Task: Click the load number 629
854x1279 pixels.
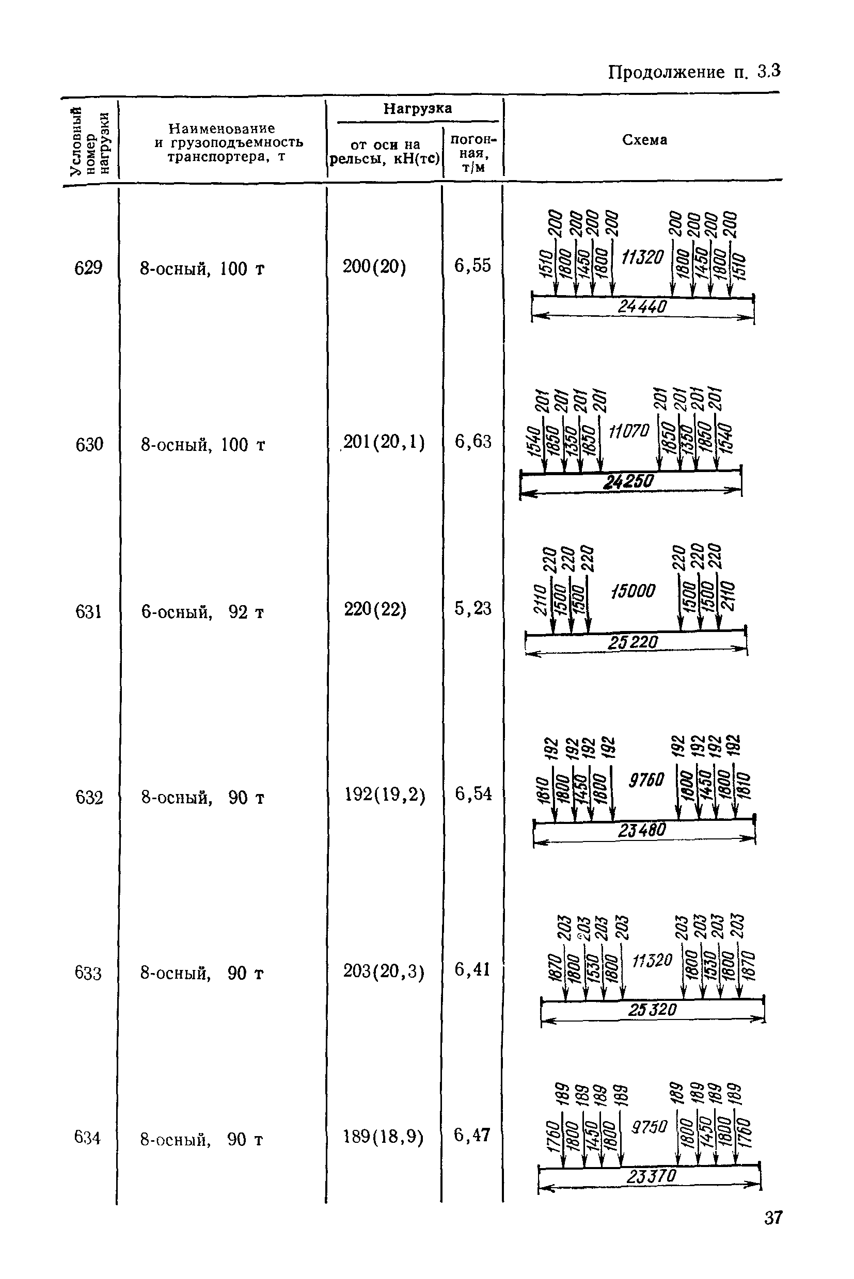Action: (88, 268)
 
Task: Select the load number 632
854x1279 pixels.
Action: (89, 797)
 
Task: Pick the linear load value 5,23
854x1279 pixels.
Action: (473, 608)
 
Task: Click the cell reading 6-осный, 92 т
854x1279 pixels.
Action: (202, 612)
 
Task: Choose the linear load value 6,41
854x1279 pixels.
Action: (473, 969)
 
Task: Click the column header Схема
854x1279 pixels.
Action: (644, 140)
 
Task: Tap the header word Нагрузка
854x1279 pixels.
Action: (417, 108)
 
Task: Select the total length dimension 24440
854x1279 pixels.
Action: (642, 307)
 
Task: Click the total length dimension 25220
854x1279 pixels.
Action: (633, 642)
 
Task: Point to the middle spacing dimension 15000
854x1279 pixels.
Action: (633, 591)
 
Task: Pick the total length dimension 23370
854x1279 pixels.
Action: (651, 1177)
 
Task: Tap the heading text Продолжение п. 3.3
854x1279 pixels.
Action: (694, 71)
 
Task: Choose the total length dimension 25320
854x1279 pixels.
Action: (652, 1010)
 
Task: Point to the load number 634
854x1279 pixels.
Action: (88, 1138)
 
